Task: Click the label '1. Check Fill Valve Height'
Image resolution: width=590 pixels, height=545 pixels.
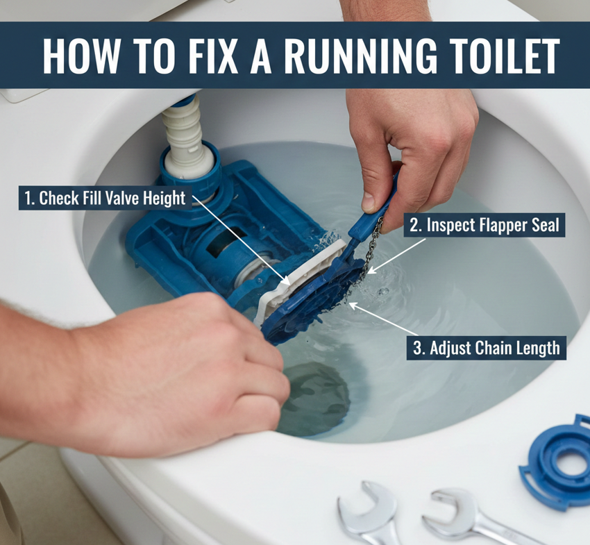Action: tap(105, 198)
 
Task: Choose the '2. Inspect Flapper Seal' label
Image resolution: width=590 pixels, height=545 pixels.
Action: tap(484, 226)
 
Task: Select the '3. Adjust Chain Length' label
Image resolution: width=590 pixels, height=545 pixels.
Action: tap(486, 348)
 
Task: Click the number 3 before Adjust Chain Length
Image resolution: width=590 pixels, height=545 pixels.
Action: tap(418, 348)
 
